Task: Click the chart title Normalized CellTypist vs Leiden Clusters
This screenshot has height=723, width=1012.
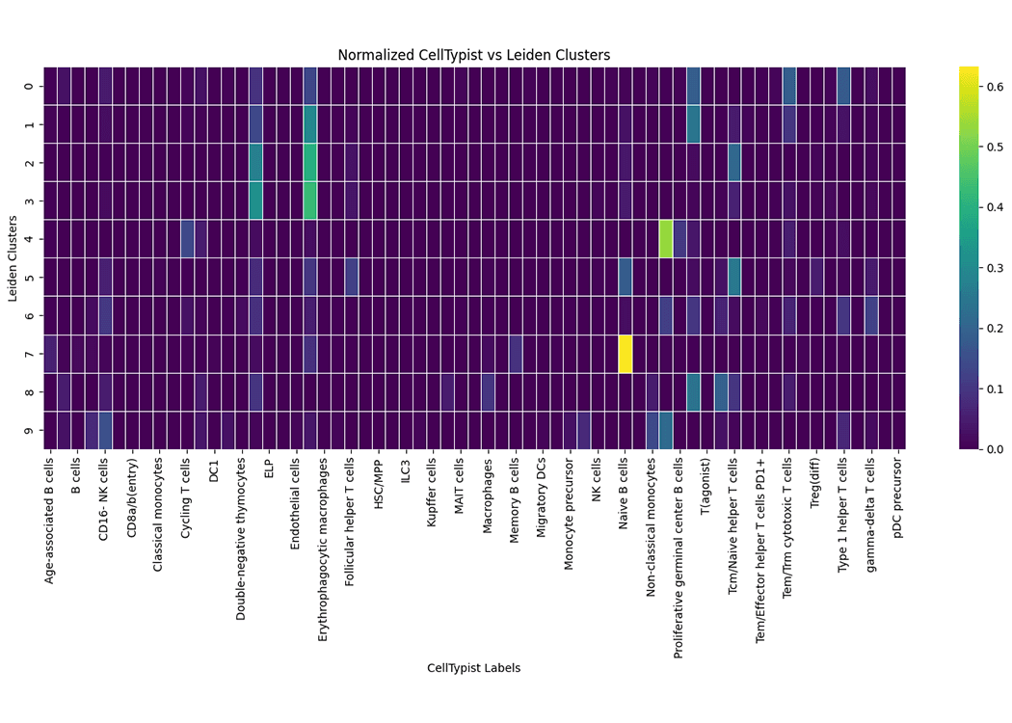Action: point(473,55)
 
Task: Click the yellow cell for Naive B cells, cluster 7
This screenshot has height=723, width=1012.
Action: point(625,354)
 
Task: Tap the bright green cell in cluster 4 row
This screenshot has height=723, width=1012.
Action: point(665,238)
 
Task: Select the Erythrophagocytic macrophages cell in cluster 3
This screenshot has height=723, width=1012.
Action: point(310,201)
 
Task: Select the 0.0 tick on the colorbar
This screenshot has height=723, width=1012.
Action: point(990,449)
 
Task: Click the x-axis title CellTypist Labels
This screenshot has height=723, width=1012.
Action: point(473,668)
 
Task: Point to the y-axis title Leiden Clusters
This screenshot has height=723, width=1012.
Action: point(13,258)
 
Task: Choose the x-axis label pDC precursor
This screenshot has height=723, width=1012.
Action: point(898,502)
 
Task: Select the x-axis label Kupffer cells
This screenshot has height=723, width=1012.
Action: point(434,499)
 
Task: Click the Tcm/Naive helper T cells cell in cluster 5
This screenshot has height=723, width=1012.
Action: point(733,277)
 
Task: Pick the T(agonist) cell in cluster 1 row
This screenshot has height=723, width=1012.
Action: point(693,123)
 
